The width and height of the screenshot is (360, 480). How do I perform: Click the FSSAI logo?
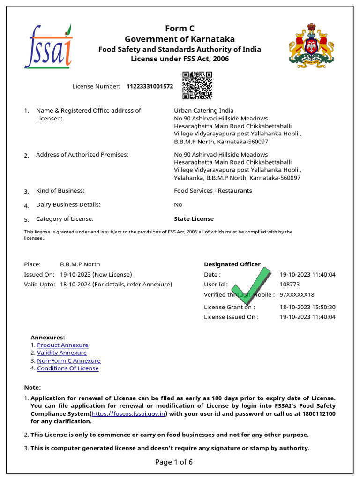point(49,46)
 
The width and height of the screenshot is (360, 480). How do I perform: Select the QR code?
point(197,85)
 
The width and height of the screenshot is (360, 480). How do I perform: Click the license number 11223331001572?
point(150,87)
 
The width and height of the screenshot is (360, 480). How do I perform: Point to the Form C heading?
point(180,29)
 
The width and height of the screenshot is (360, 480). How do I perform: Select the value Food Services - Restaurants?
point(213,191)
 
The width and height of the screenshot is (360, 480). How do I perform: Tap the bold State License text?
point(194,219)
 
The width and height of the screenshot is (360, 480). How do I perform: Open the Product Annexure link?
point(63,345)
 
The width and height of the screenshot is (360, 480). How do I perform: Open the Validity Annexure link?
point(62,353)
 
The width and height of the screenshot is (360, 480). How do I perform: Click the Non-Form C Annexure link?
point(69,361)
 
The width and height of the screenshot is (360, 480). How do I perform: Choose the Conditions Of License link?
point(68,368)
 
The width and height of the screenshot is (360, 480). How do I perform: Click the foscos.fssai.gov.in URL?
point(129,414)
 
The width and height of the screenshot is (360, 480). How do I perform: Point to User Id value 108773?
point(290,285)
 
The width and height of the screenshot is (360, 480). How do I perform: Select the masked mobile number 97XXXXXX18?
point(297,295)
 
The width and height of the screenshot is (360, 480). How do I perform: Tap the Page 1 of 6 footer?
point(174,462)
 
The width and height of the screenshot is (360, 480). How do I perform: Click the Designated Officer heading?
point(232,264)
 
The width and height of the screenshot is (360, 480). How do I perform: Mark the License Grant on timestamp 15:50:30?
point(323,307)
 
